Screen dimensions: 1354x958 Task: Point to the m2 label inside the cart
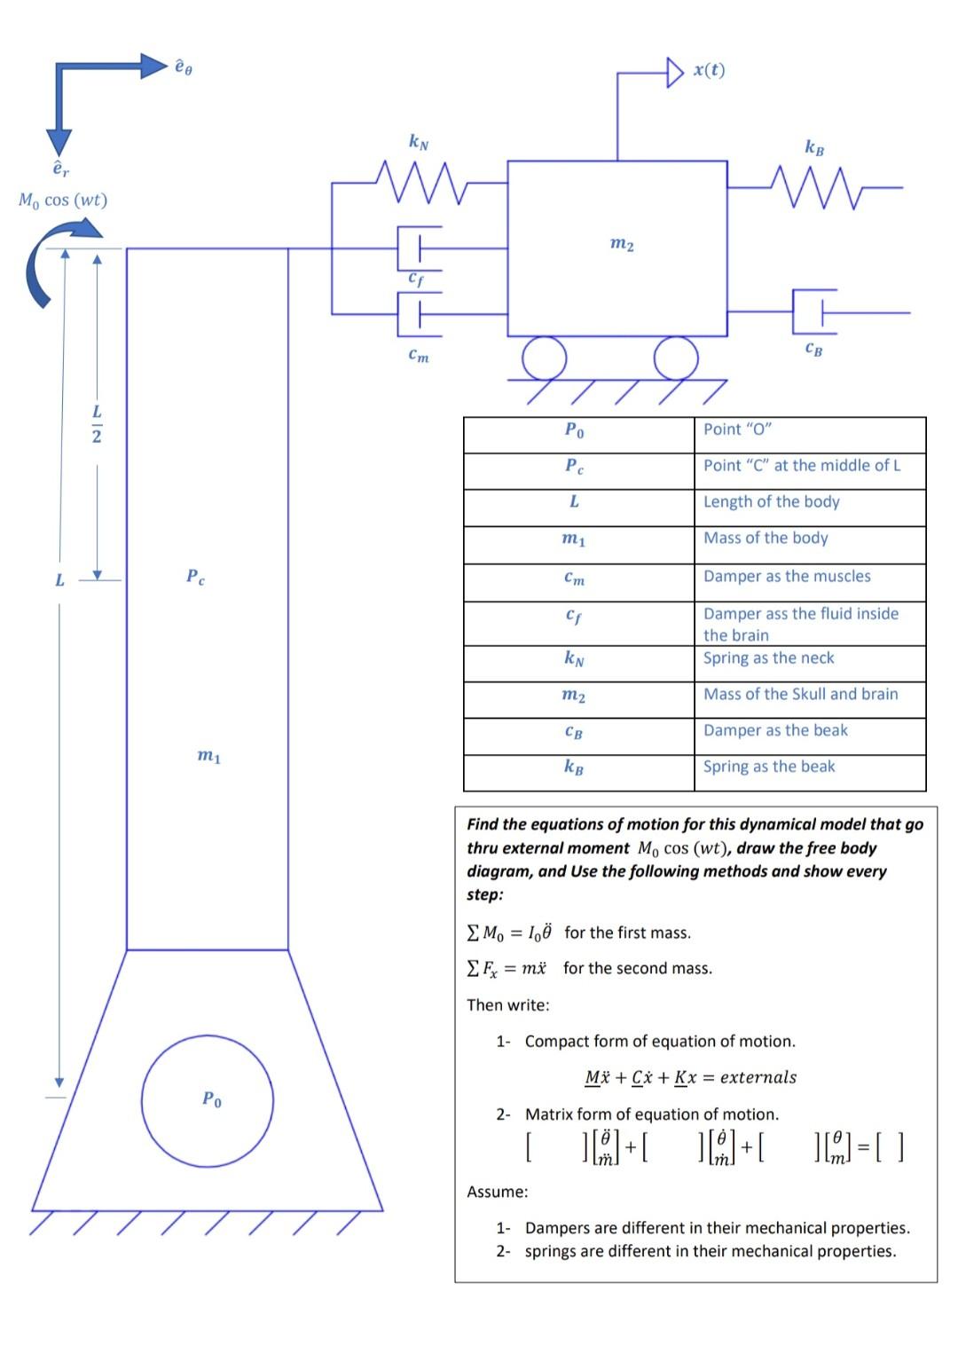pyautogui.click(x=622, y=243)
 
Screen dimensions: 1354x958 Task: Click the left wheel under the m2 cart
pyautogui.click(x=544, y=358)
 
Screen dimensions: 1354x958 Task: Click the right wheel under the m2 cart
pyautogui.click(x=676, y=358)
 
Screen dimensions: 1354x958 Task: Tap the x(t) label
pyautogui.click(x=709, y=70)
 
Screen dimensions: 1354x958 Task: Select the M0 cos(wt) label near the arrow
pyautogui.click(x=63, y=200)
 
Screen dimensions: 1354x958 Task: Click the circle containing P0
pyautogui.click(x=208, y=1100)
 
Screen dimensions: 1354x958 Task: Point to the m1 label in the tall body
pyautogui.click(x=208, y=756)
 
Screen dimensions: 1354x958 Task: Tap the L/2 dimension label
pyautogui.click(x=97, y=424)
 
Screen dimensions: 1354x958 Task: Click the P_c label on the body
pyautogui.click(x=196, y=577)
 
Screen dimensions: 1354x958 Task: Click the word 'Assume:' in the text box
pyautogui.click(x=497, y=1192)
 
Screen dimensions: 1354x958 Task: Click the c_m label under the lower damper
pyautogui.click(x=418, y=356)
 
